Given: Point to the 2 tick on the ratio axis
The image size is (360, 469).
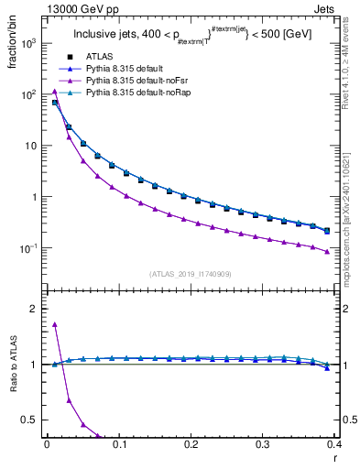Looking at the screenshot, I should click(x=35, y=309).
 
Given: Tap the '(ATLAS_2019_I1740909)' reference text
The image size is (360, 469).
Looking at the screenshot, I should click(x=191, y=274).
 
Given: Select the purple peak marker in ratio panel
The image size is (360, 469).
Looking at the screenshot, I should click(x=55, y=323).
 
